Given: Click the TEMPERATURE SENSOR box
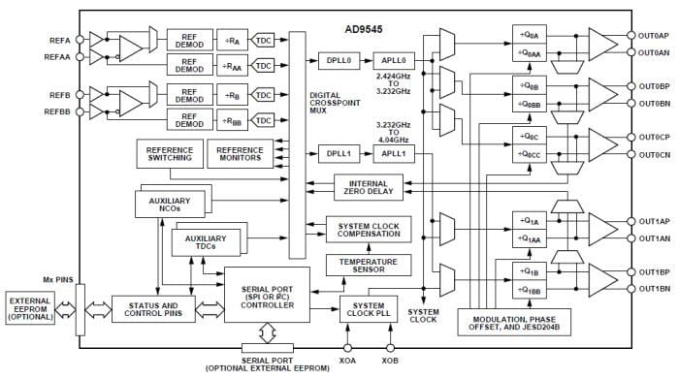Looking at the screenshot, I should (368, 265).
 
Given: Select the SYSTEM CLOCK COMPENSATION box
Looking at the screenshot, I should (368, 232).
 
